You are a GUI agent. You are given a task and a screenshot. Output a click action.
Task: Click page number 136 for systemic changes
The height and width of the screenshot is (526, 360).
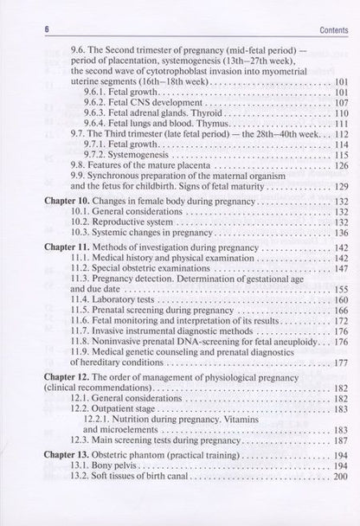314,234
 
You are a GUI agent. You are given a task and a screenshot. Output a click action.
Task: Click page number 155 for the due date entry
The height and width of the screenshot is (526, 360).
314,287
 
